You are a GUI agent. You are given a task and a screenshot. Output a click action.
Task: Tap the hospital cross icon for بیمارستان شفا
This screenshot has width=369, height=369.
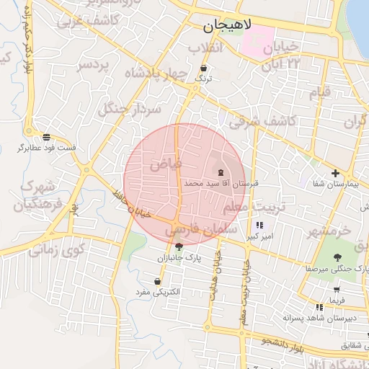coord(335,173)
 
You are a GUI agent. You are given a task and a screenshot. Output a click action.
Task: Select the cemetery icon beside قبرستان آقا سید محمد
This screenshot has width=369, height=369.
coord(220,172)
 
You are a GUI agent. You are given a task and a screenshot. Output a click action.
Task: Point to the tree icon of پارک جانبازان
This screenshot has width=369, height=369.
coord(179,246)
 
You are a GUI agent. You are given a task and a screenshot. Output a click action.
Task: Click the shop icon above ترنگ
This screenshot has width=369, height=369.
coord(204,68)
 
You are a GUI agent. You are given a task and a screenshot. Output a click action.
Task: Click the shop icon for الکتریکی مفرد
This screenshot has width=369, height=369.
coord(157,281)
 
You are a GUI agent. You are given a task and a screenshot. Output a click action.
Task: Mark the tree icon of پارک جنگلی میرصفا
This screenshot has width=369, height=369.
coord(337,257)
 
